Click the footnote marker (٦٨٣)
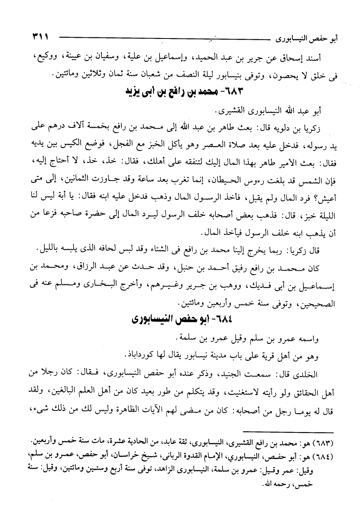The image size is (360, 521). (x=324, y=440)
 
